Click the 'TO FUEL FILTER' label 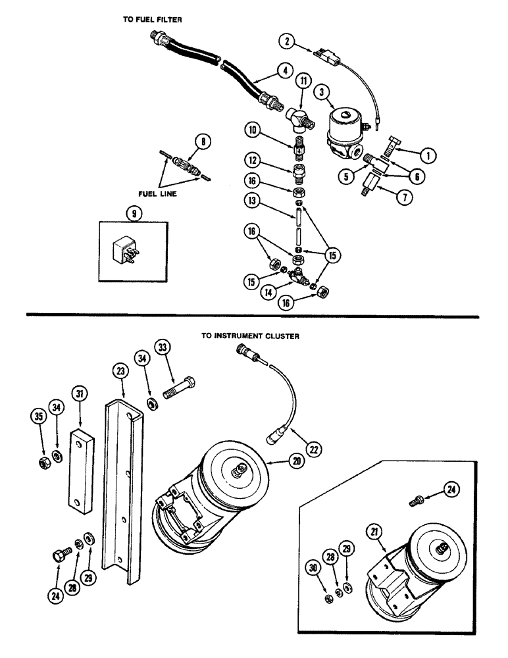click(x=152, y=20)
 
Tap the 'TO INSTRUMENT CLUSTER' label click(x=250, y=336)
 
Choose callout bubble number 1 click(x=428, y=156)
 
